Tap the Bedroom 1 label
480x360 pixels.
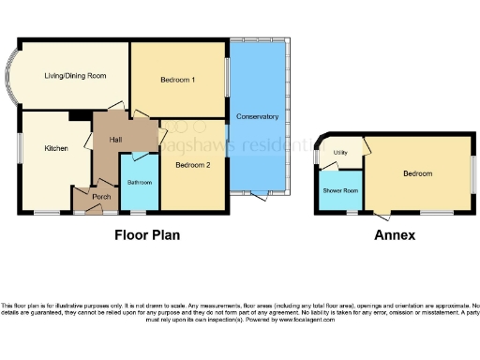pyautogui.click(x=177, y=81)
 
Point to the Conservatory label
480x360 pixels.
pyautogui.click(x=258, y=116)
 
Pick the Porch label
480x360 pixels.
pyautogui.click(x=100, y=197)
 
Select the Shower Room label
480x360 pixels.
pyautogui.click(x=340, y=190)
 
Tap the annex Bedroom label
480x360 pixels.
pyautogui.click(x=417, y=173)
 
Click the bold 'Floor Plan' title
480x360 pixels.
pyautogui.click(x=147, y=235)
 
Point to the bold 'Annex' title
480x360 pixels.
pyautogui.click(x=394, y=235)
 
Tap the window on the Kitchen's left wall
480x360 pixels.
pyautogui.click(x=20, y=150)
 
